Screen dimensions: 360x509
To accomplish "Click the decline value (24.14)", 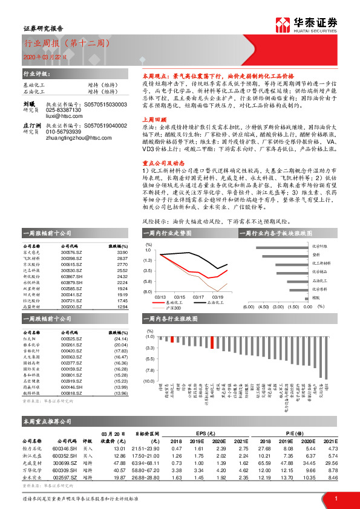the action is tap(122, 339).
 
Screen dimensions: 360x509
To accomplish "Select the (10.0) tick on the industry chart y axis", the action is tap(149, 381).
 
